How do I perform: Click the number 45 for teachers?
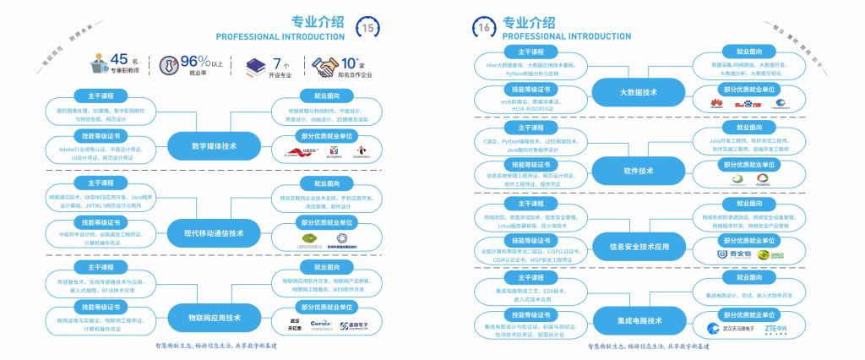(119, 59)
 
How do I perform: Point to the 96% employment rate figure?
(195, 61)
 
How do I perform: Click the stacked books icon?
(255, 66)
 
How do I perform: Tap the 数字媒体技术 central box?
(214, 146)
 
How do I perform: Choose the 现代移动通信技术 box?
(214, 233)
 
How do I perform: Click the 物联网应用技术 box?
(214, 319)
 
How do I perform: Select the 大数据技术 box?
(639, 92)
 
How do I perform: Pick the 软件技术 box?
(639, 171)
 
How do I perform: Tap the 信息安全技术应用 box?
(639, 248)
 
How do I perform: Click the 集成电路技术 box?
(639, 321)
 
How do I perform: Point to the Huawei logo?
(719, 105)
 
